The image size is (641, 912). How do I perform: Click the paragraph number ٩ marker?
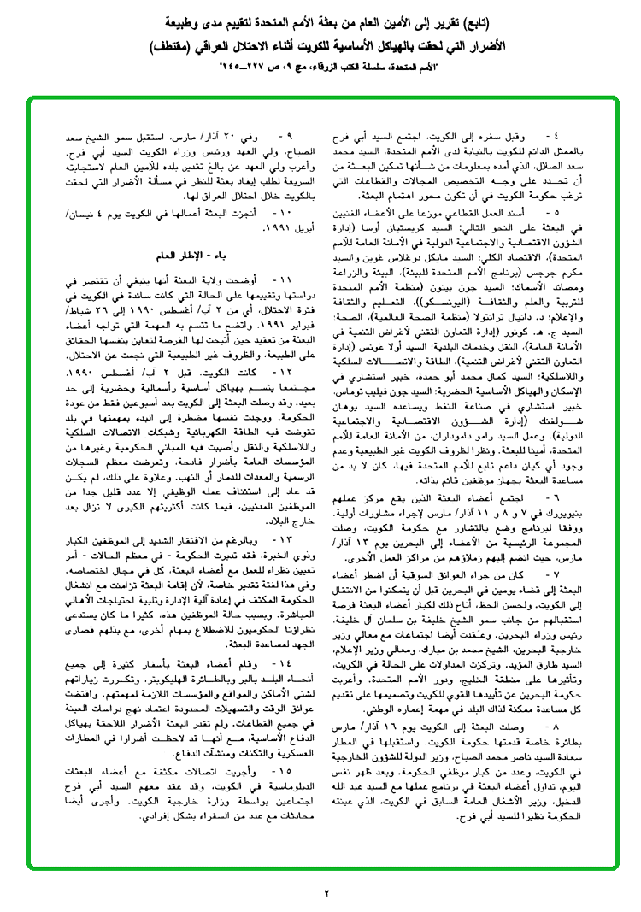[x=288, y=136]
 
